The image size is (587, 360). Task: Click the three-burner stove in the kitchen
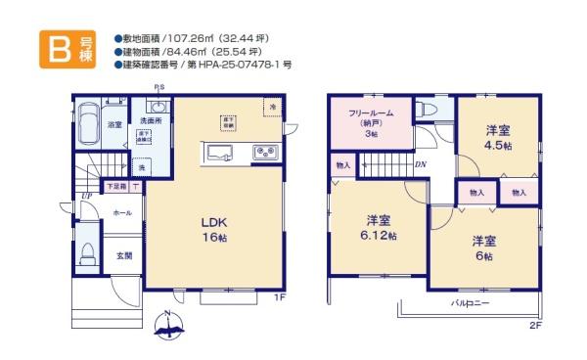click(x=265, y=152)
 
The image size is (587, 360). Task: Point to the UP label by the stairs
click(x=88, y=194)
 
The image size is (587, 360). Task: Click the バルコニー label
click(x=471, y=303)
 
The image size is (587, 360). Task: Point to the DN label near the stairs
click(x=420, y=164)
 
